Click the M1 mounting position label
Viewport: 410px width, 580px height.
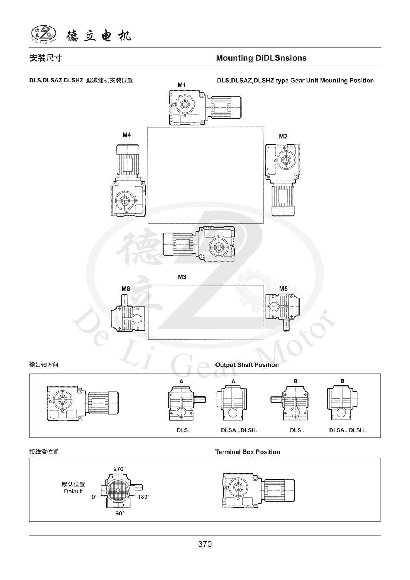pyautogui.click(x=181, y=85)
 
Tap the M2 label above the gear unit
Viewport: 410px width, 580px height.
pyautogui.click(x=283, y=136)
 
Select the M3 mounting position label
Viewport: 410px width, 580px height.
pyautogui.click(x=182, y=277)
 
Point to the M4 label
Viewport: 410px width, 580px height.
pyautogui.click(x=127, y=135)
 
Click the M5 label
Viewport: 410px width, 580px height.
pyautogui.click(x=283, y=289)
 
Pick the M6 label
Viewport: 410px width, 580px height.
pyautogui.click(x=126, y=289)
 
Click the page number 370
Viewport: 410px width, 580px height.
pyautogui.click(x=205, y=544)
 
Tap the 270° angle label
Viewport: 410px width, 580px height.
pyautogui.click(x=120, y=468)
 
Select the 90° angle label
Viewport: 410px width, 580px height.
pyautogui.click(x=120, y=513)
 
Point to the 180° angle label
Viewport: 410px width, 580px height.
pyautogui.click(x=143, y=496)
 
